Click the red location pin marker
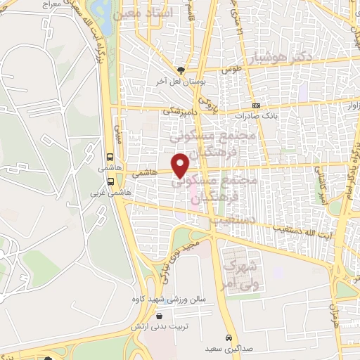(x=181, y=164)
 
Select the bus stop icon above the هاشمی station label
(x=110, y=157)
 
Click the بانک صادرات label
(x=257, y=115)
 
